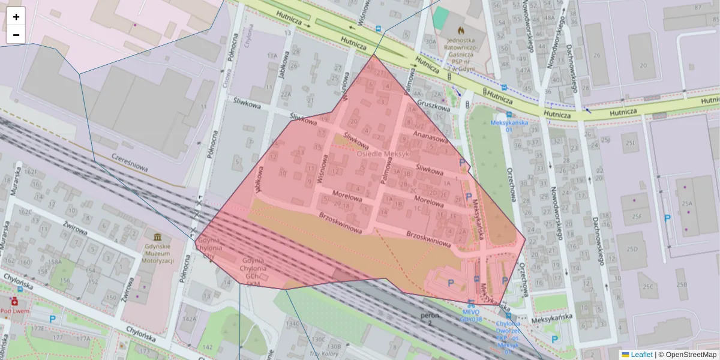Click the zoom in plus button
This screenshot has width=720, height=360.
pos(16,17)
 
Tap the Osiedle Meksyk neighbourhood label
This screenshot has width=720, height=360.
pos(383,154)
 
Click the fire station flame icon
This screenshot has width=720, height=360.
pos(461,29)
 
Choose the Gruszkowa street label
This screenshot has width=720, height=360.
pos(434,106)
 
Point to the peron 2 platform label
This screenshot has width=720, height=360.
pos(430,319)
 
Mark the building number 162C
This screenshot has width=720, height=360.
pos(25,212)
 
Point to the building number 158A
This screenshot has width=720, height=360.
pos(55,262)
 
